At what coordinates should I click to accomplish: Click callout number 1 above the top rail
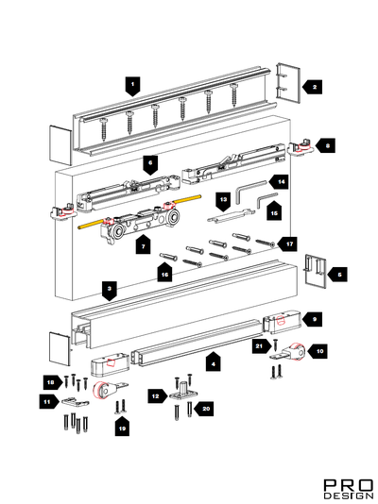[x=133, y=86]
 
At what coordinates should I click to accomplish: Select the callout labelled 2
[x=313, y=87]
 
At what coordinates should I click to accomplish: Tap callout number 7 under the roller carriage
[x=143, y=245]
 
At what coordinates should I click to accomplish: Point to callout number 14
[x=279, y=182]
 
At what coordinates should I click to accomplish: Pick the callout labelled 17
[x=288, y=244]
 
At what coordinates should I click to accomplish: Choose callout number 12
[x=158, y=396]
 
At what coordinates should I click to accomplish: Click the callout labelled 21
[x=261, y=345]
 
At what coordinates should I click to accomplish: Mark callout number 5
[x=337, y=275]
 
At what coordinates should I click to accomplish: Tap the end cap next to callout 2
[x=288, y=83]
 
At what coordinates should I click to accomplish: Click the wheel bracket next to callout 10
[x=289, y=353]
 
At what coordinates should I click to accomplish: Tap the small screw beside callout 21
[x=275, y=344]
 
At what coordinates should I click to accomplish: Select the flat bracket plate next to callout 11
[x=76, y=401]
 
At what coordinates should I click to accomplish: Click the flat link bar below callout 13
[x=231, y=215]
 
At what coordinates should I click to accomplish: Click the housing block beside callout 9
[x=283, y=322]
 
